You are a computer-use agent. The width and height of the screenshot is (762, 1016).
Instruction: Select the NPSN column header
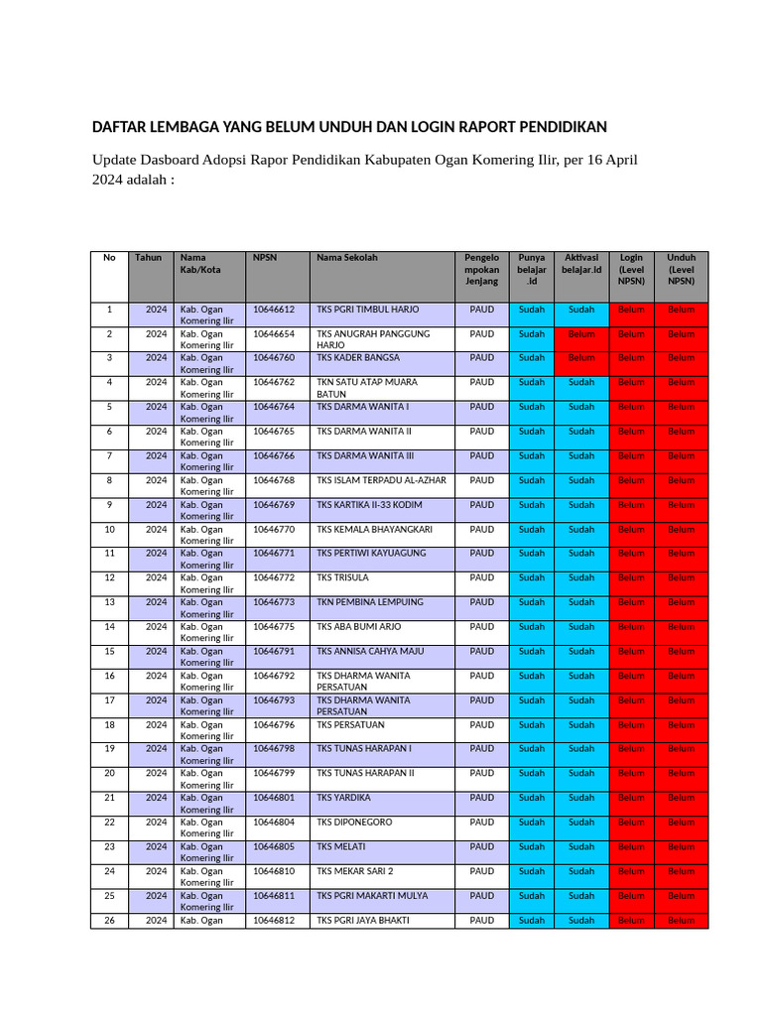tap(265, 258)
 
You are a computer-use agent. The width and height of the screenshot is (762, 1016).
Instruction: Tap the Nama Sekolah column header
tap(346, 258)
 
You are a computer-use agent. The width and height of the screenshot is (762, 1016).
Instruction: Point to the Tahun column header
tap(148, 258)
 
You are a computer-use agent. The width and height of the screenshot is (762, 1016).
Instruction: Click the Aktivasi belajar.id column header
tap(581, 263)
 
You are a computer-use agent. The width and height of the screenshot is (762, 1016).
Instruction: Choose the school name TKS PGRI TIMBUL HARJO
tap(367, 310)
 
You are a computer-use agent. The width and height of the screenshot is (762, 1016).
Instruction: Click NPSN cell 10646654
tap(274, 334)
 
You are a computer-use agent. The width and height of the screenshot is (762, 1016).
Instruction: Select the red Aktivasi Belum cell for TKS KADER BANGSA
tap(581, 358)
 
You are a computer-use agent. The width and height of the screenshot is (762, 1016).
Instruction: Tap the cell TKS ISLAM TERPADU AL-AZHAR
tap(381, 480)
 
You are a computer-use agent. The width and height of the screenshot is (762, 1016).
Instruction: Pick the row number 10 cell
tap(109, 529)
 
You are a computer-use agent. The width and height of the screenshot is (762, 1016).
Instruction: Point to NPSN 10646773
tap(274, 602)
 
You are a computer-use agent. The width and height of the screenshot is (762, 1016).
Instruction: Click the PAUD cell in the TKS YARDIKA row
tap(481, 798)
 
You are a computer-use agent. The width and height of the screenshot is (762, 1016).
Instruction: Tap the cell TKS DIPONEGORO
tap(354, 822)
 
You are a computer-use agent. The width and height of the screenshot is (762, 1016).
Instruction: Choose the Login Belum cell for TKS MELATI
tap(630, 846)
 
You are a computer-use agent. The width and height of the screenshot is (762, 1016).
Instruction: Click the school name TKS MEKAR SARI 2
tap(355, 871)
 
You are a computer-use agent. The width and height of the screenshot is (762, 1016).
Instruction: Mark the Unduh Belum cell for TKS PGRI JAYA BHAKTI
tap(681, 920)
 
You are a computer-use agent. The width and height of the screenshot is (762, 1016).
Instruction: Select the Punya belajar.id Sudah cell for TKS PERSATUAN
tap(532, 724)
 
